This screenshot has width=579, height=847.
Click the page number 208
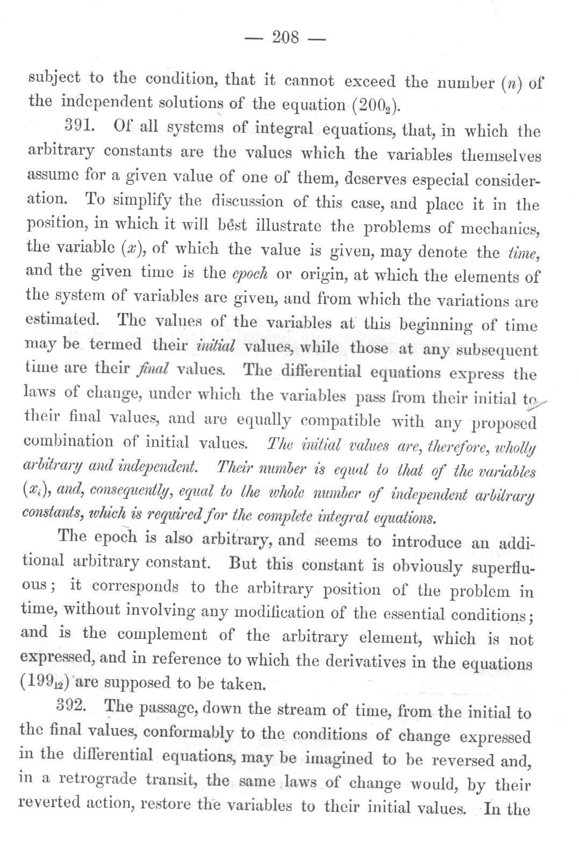click(x=285, y=38)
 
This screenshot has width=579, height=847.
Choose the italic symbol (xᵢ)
click(x=34, y=490)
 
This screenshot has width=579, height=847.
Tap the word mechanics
click(x=500, y=228)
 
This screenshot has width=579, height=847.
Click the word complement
click(x=161, y=634)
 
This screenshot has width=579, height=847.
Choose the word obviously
click(x=427, y=566)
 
